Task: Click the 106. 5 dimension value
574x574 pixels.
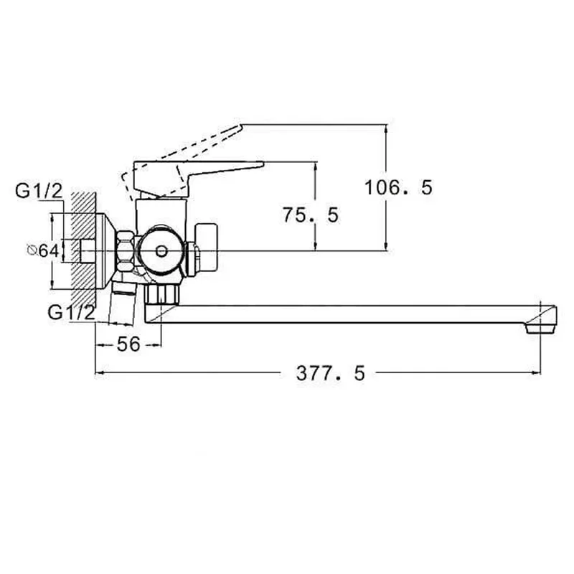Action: point(398,187)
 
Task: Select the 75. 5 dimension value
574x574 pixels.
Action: point(311,215)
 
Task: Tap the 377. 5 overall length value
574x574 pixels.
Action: point(331,373)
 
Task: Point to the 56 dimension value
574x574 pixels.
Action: point(128,344)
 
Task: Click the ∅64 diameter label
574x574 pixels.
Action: point(43,250)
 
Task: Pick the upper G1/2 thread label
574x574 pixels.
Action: point(39,191)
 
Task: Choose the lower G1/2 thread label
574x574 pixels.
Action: point(71,313)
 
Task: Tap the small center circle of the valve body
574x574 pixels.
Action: point(161,251)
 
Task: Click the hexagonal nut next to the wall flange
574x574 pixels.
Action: point(124,251)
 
